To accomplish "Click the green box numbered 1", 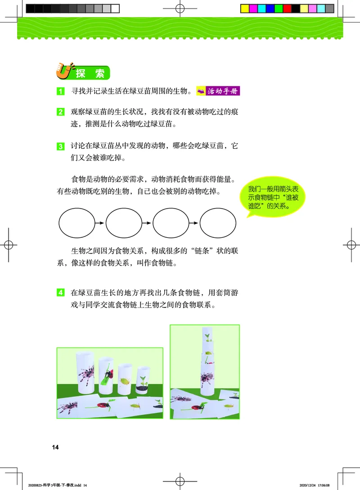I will click(60, 92).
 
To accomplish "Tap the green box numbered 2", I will click(60, 112).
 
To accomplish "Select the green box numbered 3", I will click(60, 146).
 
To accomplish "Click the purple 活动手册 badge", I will click(218, 91).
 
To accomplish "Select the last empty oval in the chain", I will click(218, 222).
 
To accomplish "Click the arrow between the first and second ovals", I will click(99, 222).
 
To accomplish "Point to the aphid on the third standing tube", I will click(125, 380).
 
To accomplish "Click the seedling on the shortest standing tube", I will click(143, 380).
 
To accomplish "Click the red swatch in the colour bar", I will click(287, 8).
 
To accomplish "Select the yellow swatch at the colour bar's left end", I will click(244, 8).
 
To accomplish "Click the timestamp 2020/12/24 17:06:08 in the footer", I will click(318, 485).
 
